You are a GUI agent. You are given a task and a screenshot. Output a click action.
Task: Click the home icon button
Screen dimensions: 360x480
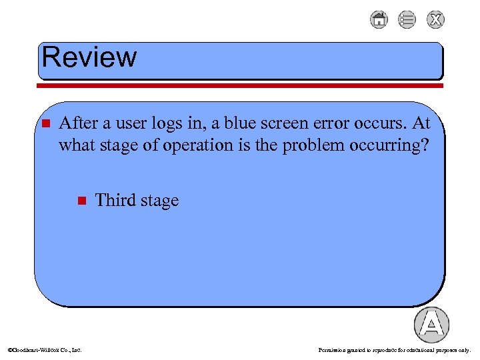pyautogui.click(x=379, y=20)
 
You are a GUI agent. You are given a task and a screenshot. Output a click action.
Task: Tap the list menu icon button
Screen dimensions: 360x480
pyautogui.click(x=407, y=20)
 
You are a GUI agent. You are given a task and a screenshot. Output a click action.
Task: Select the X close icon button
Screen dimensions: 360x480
pyautogui.click(x=435, y=20)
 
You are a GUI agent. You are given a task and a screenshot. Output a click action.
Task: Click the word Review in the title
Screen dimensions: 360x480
pyautogui.click(x=89, y=57)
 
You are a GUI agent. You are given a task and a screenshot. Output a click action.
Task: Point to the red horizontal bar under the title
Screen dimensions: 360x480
pyautogui.click(x=240, y=85)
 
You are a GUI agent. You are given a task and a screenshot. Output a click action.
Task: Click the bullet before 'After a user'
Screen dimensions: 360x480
pyautogui.click(x=45, y=124)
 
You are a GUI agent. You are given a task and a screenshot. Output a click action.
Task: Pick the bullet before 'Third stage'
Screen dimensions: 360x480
pyautogui.click(x=81, y=201)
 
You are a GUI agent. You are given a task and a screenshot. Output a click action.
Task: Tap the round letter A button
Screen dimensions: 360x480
pyautogui.click(x=431, y=325)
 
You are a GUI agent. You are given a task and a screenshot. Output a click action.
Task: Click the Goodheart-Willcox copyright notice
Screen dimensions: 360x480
pyautogui.click(x=44, y=349)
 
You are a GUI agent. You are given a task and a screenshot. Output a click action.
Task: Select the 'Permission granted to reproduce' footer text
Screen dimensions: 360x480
pyautogui.click(x=395, y=349)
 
